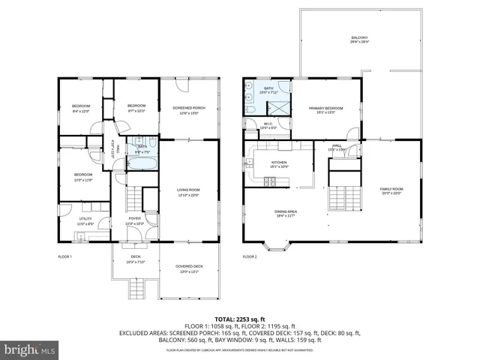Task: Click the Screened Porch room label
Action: [189, 110]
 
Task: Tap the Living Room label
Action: [188, 192]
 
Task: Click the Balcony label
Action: [360, 40]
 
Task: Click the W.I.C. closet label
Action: [268, 126]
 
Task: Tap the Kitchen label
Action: [279, 164]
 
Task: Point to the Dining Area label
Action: [285, 214]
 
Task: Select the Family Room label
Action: [391, 190]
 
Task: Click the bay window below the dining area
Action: [276, 245]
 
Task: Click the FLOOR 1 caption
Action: [64, 256]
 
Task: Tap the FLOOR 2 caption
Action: [250, 256]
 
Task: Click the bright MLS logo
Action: [30, 349]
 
